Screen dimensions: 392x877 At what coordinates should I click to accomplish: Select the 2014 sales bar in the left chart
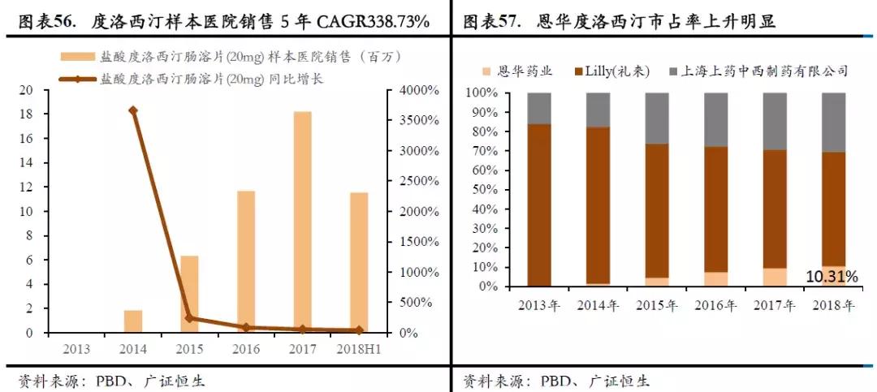tap(133, 321)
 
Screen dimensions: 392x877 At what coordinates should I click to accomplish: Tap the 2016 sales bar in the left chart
tap(246, 261)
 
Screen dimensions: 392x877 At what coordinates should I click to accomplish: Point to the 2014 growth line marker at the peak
tap(133, 110)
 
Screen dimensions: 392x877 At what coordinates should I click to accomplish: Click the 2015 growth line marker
tap(189, 318)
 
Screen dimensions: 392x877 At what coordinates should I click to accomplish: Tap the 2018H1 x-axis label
tap(358, 348)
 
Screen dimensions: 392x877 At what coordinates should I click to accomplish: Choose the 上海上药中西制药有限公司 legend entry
tap(764, 71)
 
